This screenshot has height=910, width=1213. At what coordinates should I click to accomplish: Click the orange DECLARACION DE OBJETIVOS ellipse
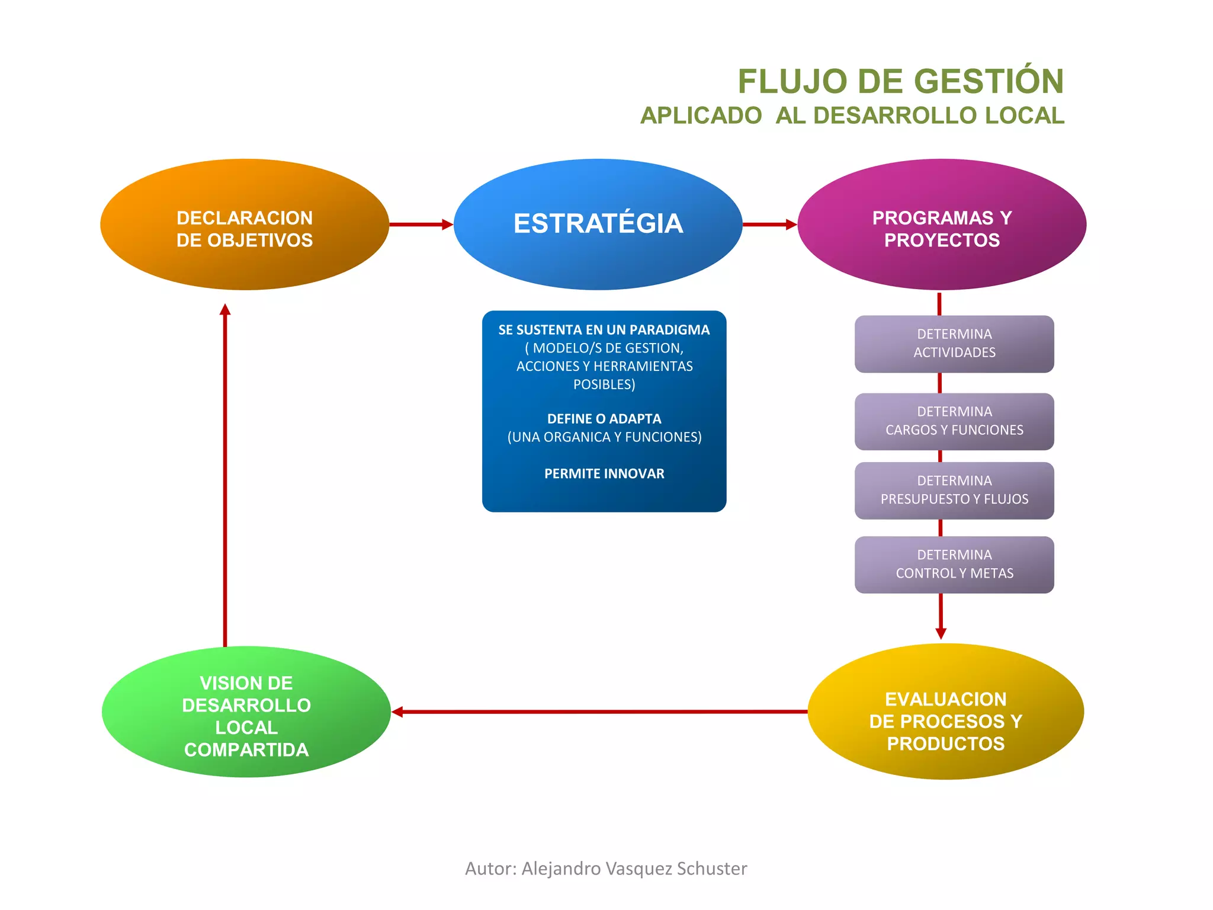[x=245, y=225]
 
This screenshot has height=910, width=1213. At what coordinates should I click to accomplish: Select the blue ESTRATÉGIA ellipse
[x=598, y=225]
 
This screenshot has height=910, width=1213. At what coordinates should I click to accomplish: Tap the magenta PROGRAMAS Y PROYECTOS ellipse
[x=942, y=225]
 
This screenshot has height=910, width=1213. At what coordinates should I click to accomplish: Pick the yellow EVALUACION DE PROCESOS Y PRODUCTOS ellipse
[x=945, y=712]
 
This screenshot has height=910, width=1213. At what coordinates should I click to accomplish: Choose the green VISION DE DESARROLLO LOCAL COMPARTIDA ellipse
[x=246, y=712]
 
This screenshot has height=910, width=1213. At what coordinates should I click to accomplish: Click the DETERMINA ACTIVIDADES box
[x=954, y=344]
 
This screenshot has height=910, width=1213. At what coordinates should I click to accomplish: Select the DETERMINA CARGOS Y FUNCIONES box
[x=954, y=421]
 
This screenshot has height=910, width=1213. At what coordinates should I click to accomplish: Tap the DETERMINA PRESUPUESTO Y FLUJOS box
[x=954, y=491]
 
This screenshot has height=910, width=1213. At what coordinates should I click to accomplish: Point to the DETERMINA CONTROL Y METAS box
[x=954, y=565]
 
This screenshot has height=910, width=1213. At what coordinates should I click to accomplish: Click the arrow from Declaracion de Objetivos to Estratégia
[x=421, y=225]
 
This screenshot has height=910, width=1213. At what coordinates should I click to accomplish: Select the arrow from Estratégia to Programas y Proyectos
[x=769, y=225]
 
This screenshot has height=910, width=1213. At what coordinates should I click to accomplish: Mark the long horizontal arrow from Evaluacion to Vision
[x=598, y=712]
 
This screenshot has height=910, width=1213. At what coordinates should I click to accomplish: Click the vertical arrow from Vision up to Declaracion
[x=225, y=474]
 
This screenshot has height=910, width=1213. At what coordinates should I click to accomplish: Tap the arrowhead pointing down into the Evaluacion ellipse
[x=941, y=633]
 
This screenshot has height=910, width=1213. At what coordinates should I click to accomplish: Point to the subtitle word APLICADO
[x=701, y=116]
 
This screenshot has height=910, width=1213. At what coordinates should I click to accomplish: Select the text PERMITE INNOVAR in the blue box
[x=604, y=474]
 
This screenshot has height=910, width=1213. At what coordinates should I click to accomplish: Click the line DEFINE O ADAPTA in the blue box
[x=604, y=419]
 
